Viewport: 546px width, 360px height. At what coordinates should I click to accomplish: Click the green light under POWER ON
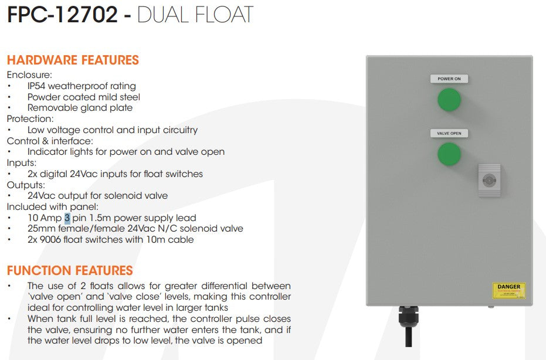[x=449, y=100]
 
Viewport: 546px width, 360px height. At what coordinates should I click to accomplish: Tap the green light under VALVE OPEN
[x=449, y=154]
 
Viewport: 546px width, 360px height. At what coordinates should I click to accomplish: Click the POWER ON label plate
[x=449, y=79]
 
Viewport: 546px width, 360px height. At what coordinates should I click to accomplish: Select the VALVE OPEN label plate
[x=449, y=134]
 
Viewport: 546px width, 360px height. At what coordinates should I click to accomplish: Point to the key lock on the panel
[x=489, y=180]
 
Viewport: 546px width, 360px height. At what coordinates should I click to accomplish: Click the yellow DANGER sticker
[x=508, y=290]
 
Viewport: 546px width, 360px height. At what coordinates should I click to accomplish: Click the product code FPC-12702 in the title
[x=62, y=15]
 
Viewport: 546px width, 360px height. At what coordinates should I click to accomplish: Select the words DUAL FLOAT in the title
[x=195, y=15]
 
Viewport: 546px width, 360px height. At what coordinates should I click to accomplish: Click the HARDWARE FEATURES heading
[x=73, y=60]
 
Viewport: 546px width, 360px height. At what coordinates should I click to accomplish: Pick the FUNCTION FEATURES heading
[x=70, y=271]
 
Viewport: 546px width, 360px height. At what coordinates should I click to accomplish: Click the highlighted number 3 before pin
[x=67, y=218]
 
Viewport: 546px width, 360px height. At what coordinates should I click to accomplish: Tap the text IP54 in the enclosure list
[x=37, y=86]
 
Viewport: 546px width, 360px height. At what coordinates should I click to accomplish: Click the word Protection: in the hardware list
[x=30, y=119]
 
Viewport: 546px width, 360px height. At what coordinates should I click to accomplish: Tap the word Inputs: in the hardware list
[x=22, y=163]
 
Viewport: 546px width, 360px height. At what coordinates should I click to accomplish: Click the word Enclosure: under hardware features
[x=29, y=75]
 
